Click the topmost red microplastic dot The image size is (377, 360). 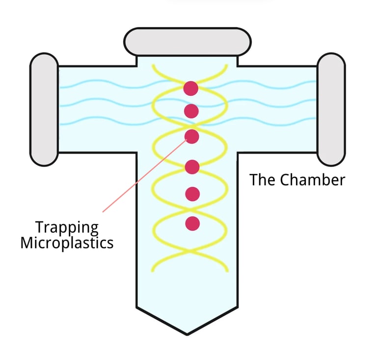click(191, 88)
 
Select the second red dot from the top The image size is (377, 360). click(191, 111)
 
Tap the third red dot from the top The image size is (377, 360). click(191, 136)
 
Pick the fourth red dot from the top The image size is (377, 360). click(192, 167)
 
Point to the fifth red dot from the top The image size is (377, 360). click(192, 194)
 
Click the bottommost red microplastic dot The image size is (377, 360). click(192, 223)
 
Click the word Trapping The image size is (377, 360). click(67, 228)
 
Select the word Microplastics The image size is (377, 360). click(67, 243)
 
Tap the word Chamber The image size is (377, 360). click(313, 180)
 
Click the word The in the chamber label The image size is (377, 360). click(263, 180)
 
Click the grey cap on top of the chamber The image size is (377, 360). click(188, 42)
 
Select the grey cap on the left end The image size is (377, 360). click(44, 109)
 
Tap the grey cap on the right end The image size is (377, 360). click(330, 109)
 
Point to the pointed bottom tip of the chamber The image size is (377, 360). click(187, 333)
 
